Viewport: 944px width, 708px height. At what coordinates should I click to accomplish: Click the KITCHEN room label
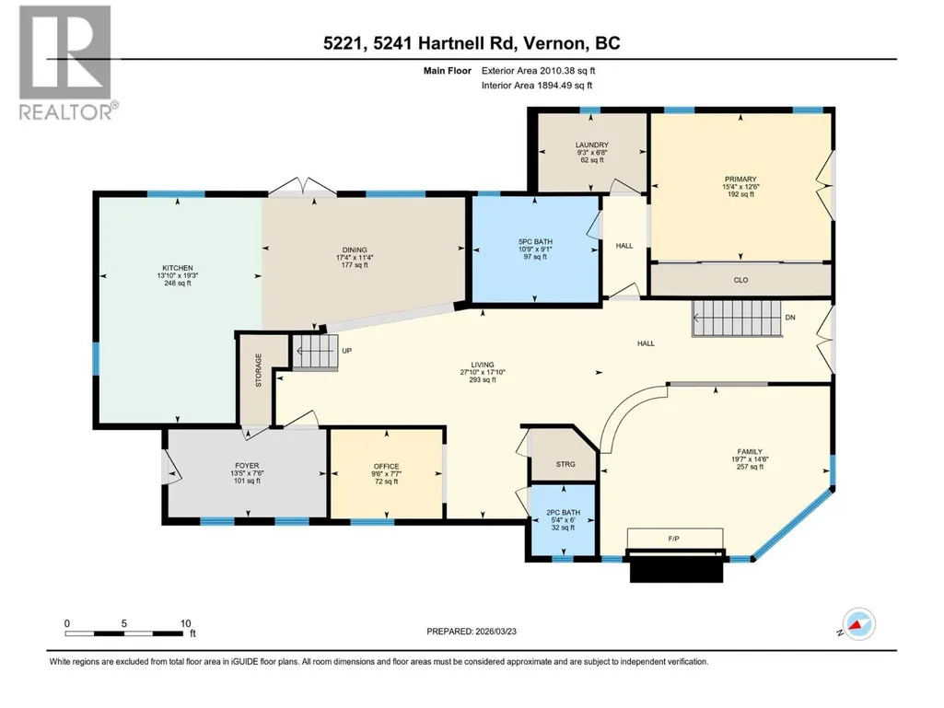tap(178, 268)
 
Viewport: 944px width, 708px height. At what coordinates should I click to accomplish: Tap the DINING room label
tap(355, 250)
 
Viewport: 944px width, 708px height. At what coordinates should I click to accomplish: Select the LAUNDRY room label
tap(592, 145)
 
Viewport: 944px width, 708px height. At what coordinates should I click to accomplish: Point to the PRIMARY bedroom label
tap(740, 179)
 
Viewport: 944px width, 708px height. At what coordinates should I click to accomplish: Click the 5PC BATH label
tap(535, 241)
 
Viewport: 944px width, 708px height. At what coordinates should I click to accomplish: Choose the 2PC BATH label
tap(563, 512)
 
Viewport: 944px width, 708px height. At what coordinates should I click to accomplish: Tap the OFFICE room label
tap(387, 466)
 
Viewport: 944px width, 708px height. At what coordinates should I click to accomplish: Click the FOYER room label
tap(247, 465)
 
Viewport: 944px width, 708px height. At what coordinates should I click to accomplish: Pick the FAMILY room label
tap(751, 451)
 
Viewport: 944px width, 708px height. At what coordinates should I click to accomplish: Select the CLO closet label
tap(741, 280)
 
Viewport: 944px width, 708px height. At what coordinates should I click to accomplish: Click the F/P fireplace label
tap(673, 539)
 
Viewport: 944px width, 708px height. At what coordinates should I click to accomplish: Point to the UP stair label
tap(347, 351)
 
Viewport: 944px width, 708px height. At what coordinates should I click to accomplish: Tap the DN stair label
tap(790, 318)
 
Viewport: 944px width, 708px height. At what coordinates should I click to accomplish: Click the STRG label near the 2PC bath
tap(565, 464)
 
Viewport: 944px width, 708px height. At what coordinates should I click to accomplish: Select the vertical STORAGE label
tap(258, 370)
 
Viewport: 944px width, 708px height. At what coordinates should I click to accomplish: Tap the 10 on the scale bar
tap(185, 623)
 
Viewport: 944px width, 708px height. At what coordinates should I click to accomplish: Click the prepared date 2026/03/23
tap(496, 632)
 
